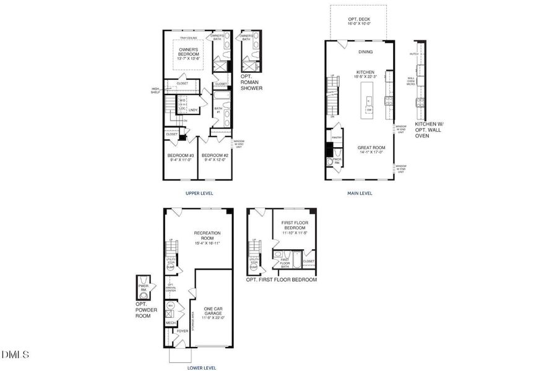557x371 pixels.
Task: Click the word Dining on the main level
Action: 365,51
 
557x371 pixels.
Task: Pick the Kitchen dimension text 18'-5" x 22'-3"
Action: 365,77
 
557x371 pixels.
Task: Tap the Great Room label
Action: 371,147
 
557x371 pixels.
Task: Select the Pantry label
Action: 337,138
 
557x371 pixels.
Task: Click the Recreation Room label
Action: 207,236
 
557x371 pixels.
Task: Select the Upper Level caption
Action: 199,193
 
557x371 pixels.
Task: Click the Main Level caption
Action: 360,193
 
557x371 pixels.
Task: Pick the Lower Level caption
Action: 201,368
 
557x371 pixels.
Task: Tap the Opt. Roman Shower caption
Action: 251,82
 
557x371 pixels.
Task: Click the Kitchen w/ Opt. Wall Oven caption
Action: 431,129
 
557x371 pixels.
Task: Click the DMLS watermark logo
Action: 15,354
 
